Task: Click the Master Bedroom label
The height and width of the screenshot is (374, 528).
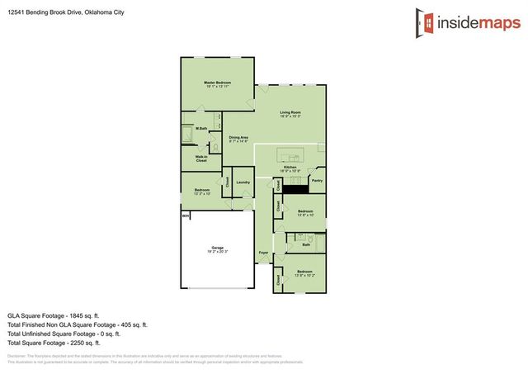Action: click(x=217, y=83)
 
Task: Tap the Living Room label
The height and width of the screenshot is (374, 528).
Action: click(x=290, y=112)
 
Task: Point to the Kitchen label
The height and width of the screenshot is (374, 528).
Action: click(x=290, y=168)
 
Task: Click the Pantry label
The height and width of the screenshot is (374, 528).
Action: click(x=317, y=179)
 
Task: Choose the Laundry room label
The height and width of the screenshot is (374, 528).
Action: click(x=243, y=182)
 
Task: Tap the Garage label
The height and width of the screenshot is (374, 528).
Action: click(x=218, y=248)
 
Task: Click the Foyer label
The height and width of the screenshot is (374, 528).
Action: click(x=263, y=252)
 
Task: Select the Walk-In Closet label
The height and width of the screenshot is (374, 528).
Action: click(x=200, y=158)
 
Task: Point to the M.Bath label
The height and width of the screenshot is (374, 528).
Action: click(x=201, y=129)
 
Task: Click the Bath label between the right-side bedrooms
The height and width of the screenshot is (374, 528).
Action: click(x=306, y=244)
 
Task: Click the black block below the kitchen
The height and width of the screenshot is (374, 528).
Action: click(x=295, y=187)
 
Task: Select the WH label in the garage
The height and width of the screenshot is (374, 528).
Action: click(x=186, y=216)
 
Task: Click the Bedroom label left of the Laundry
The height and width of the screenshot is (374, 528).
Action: click(x=202, y=191)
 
